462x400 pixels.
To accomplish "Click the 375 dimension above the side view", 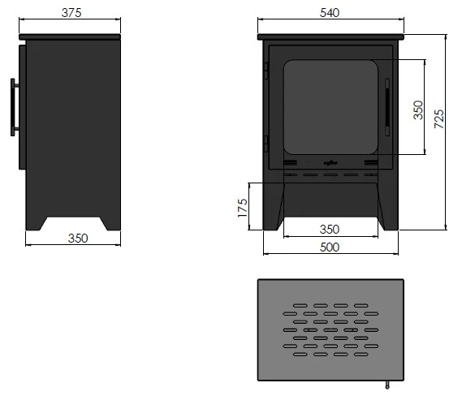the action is [71, 13].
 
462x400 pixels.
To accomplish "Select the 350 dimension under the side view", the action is [78, 238].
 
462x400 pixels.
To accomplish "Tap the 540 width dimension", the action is [330, 13].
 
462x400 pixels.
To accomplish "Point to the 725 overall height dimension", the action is [439, 118].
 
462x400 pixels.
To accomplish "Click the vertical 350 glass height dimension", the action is [418, 110].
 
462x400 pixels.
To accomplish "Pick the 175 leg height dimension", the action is [243, 208].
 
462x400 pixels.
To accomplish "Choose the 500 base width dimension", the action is [330, 247].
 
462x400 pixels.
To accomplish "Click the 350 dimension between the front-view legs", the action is [330, 230].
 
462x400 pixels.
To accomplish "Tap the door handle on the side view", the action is [13, 107].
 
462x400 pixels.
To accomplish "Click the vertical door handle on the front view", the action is [387, 107].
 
